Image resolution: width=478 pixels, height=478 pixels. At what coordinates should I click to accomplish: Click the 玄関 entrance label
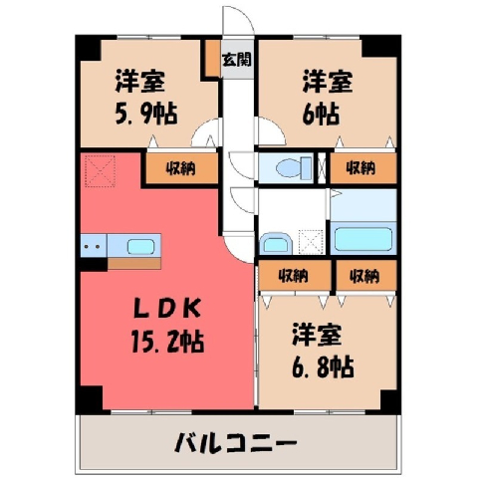(x=237, y=60)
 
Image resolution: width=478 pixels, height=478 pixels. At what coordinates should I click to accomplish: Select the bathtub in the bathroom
(x=363, y=239)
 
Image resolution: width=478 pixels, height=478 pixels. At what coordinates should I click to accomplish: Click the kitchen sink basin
(x=141, y=247)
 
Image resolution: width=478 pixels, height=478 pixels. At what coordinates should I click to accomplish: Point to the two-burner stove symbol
(x=94, y=246)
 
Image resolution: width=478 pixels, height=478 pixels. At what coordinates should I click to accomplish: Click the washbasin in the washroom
(x=276, y=244)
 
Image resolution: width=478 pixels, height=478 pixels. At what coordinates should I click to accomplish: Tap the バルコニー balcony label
(x=235, y=442)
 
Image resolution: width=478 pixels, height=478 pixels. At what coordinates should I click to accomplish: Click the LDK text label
(x=167, y=309)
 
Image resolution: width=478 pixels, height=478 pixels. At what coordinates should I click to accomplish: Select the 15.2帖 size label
(x=167, y=342)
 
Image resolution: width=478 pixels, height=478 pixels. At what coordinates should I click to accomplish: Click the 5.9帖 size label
(x=146, y=114)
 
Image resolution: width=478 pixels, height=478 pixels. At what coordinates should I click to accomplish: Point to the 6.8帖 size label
(x=323, y=366)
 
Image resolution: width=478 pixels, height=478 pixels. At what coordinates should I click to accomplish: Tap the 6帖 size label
(x=321, y=115)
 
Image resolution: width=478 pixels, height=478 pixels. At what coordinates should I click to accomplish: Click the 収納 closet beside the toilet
(x=363, y=168)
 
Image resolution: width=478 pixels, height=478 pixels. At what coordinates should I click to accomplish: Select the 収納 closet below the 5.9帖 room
(x=182, y=168)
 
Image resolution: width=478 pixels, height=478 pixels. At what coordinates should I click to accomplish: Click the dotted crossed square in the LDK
(x=100, y=170)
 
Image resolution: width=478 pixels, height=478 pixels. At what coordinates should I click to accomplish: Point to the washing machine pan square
(x=311, y=242)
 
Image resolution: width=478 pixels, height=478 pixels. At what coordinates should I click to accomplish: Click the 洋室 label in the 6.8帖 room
(x=318, y=336)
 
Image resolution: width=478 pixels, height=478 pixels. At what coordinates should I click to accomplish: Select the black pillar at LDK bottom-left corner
(x=90, y=400)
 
